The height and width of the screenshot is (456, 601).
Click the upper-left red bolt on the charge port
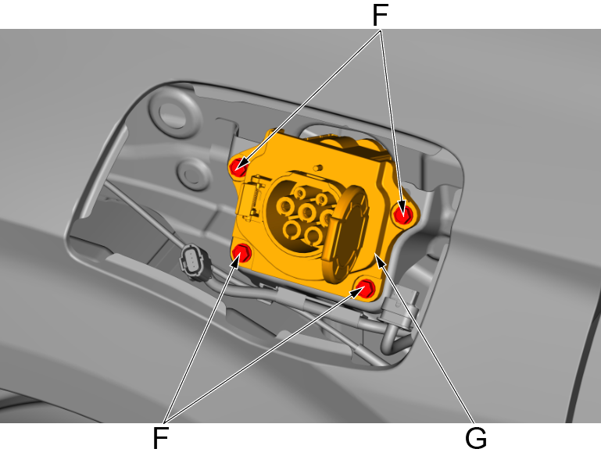coord(238,166)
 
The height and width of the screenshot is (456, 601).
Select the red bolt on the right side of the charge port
coord(403,214)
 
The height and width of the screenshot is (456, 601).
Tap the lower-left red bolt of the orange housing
coord(242,253)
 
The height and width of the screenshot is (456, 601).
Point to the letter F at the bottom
coord(160,438)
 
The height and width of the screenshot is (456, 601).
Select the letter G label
coord(475,438)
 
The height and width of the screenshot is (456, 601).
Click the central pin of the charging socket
coord(306,212)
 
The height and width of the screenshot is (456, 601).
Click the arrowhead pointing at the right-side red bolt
coord(399,207)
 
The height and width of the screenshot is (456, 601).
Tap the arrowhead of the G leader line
coord(381,261)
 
